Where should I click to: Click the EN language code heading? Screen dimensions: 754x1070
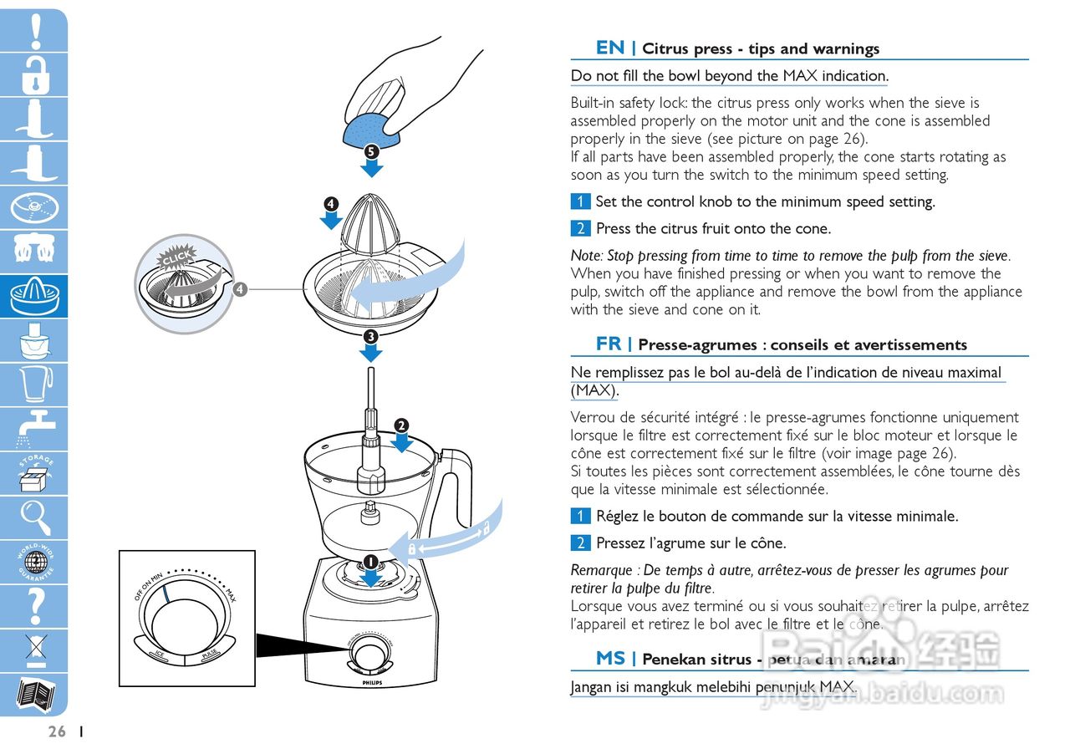(610, 48)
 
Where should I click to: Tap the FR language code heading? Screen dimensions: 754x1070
(609, 344)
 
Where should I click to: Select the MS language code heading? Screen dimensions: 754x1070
(610, 658)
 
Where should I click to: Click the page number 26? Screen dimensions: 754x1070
(57, 731)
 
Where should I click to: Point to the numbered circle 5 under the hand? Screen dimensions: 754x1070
(372, 151)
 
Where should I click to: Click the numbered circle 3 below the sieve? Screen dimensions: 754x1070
(370, 335)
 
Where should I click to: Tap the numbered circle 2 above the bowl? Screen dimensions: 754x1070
(401, 425)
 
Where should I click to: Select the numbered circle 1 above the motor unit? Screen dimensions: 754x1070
(370, 561)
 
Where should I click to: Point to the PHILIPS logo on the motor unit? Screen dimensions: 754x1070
(369, 683)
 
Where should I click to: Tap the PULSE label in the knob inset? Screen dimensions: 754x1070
(209, 655)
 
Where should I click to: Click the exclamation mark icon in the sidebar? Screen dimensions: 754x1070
(34, 30)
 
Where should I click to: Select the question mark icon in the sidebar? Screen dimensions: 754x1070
(34, 605)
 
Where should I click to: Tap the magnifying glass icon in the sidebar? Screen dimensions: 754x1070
(34, 516)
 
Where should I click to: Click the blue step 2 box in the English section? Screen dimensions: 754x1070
(580, 228)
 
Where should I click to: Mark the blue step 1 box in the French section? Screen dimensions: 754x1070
(580, 516)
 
